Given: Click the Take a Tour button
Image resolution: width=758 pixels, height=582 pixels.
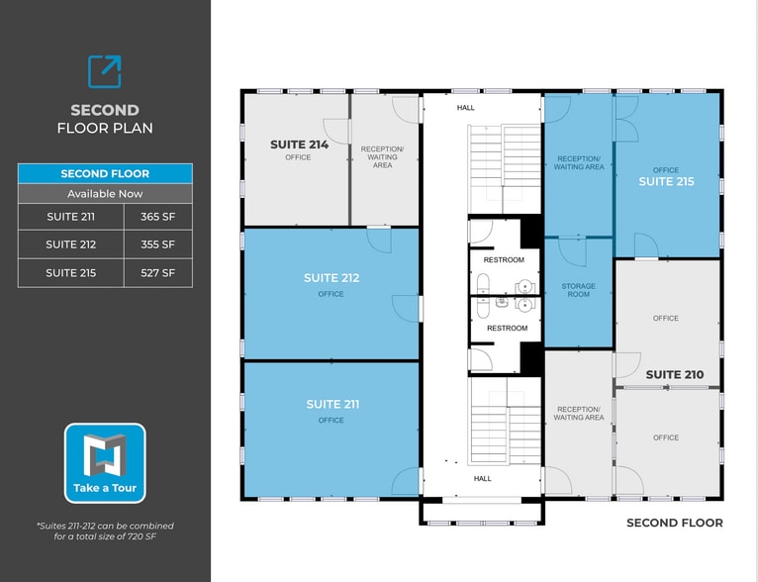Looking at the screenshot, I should pos(105,463).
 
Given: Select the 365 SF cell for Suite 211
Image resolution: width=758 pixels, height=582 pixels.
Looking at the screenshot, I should pos(157,217).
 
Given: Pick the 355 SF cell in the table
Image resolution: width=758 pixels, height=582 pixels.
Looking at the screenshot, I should pos(157,244).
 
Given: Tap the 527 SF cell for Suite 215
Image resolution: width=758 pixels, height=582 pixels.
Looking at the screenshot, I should pos(157,273).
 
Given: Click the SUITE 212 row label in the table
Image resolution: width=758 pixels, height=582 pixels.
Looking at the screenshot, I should pos(71,244).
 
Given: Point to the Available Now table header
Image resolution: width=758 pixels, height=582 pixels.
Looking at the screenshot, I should pos(105,194).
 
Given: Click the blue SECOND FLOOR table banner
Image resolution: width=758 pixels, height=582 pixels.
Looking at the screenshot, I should pos(105,173).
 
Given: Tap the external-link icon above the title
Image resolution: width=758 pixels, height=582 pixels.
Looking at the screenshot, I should pos(105,71).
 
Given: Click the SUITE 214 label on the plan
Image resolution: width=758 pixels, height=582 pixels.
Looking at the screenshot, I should pos(299,145).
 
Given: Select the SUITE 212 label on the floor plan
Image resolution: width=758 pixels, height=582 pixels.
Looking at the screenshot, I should pos(332,278).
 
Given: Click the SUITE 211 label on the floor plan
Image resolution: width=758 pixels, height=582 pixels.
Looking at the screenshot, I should pos(332,404).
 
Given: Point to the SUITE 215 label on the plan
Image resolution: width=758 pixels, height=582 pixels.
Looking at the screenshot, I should pos(666,182).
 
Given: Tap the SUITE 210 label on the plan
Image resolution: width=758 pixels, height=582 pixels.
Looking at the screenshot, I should pos(675,375).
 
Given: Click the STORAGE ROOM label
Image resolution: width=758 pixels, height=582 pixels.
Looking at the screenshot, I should pos(579,290).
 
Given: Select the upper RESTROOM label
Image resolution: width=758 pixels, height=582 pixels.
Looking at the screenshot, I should pos(504,260).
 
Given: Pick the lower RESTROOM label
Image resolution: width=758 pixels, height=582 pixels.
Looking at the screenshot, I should pos(507,328).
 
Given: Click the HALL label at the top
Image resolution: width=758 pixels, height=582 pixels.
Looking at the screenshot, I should pos(465,108).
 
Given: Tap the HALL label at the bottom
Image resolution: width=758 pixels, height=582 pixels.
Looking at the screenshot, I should pos(482,479).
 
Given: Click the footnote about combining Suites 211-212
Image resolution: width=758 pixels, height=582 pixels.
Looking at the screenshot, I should pos(105,531).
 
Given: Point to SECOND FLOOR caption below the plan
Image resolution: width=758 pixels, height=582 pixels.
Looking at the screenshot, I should pos(674,523).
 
